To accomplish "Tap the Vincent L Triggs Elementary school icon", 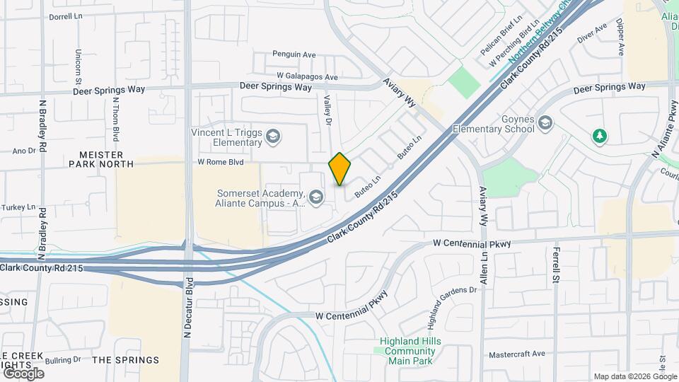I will (x=273, y=136).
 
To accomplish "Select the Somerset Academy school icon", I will (x=316, y=196).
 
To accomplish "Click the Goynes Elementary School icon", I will (x=545, y=125).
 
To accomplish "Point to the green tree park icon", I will (x=600, y=135).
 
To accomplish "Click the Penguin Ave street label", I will (x=294, y=54).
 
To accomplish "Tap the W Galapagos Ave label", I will (x=308, y=76).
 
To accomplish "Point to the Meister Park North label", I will (x=101, y=159).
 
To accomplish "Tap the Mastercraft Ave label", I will (x=518, y=354).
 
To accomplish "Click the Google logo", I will (x=23, y=373).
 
